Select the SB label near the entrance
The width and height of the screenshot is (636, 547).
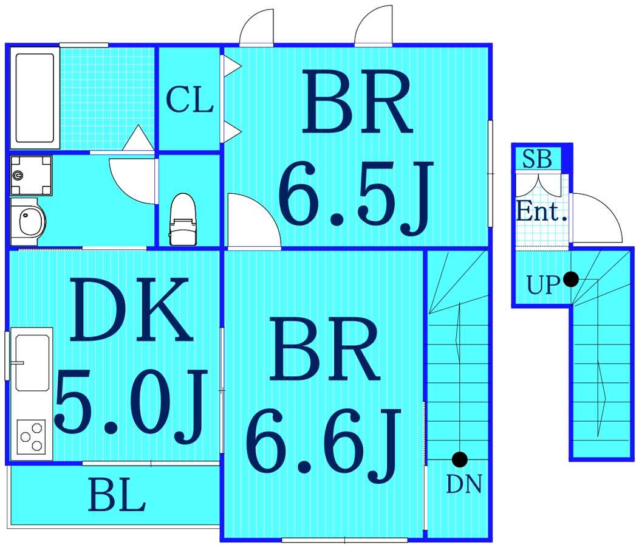(x=537, y=159)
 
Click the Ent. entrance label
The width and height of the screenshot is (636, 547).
(x=541, y=211)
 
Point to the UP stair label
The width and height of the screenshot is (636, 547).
(x=542, y=285)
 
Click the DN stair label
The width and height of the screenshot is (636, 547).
(x=464, y=484)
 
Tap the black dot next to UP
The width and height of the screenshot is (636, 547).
(x=571, y=279)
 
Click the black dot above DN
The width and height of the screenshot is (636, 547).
(x=460, y=459)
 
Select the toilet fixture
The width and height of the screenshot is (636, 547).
(x=182, y=219)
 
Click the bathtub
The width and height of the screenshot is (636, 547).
(x=35, y=98)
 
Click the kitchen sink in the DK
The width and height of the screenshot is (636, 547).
(x=32, y=363)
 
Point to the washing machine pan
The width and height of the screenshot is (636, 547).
(x=31, y=175)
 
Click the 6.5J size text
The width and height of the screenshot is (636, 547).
(x=356, y=198)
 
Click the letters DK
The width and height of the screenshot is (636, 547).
(x=131, y=309)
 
